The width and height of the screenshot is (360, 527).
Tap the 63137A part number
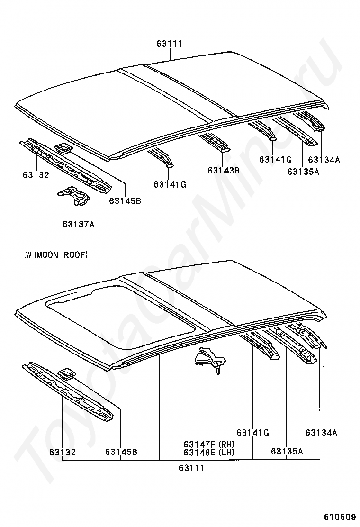pyautogui.click(x=78, y=224)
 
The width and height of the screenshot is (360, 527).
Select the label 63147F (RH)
pyautogui.click(x=209, y=444)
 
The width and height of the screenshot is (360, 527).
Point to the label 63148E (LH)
pyautogui.click(x=209, y=452)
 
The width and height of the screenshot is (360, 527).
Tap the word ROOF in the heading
pyautogui.click(x=76, y=255)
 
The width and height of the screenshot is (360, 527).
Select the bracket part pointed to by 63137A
pyautogui.click(x=73, y=196)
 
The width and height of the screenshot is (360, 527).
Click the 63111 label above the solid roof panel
pyautogui.click(x=170, y=44)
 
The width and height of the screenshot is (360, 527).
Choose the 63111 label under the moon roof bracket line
pyautogui.click(x=191, y=468)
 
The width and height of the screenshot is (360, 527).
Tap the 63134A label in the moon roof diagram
pyautogui.click(x=321, y=432)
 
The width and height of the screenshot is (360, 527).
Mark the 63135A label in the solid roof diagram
pyautogui.click(x=303, y=172)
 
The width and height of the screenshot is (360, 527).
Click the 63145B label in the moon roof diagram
pyautogui.click(x=121, y=452)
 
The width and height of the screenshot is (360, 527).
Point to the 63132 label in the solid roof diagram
pyautogui.click(x=36, y=175)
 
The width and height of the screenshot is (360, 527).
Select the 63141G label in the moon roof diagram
pyautogui.click(x=252, y=432)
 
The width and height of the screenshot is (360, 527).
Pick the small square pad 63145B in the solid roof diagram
pyautogui.click(x=63, y=149)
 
